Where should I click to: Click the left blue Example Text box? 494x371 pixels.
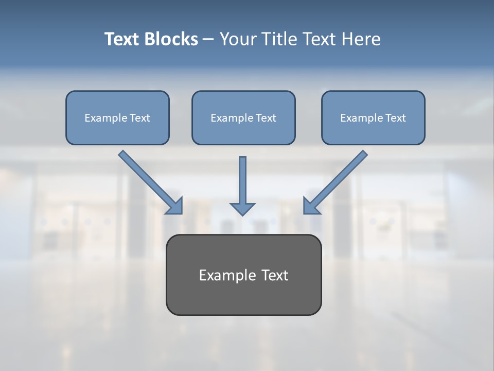pyautogui.click(x=117, y=118)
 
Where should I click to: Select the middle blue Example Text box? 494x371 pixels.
pyautogui.click(x=243, y=118)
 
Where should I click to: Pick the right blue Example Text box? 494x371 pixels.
pyautogui.click(x=373, y=118)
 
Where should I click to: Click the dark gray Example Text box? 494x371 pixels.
pyautogui.click(x=243, y=275)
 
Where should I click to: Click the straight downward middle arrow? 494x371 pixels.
pyautogui.click(x=242, y=180)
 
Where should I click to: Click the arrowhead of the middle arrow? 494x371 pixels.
pyautogui.click(x=242, y=209)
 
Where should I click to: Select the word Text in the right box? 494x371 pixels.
pyautogui.click(x=396, y=118)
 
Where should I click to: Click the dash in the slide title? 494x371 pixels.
pyautogui.click(x=208, y=39)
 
